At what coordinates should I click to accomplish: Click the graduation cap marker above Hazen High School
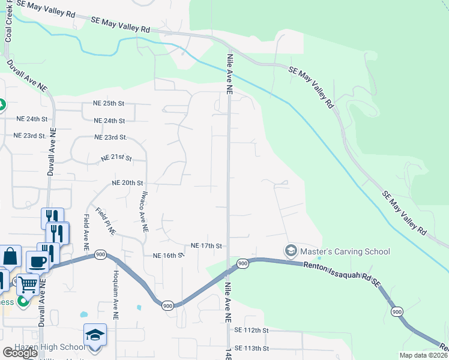point(95,334)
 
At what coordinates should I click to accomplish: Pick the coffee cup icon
point(37,262)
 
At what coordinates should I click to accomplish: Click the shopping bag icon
point(10,256)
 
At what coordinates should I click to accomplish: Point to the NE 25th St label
point(109,103)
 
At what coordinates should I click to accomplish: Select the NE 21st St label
point(115,158)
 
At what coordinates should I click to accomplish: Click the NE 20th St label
point(127,182)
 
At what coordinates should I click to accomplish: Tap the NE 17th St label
point(206,246)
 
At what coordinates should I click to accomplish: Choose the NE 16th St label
point(167,255)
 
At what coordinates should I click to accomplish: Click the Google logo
point(20,353)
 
